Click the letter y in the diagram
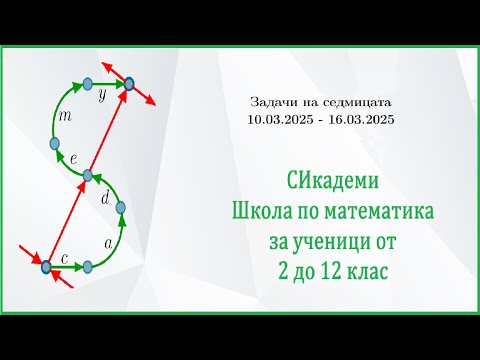tap(101, 98)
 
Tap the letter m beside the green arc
tap(66, 118)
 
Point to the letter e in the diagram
tap(73, 158)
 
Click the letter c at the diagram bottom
tap(64, 258)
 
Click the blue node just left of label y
tap(87, 83)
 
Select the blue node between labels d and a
tap(121, 210)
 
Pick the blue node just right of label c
tap(88, 266)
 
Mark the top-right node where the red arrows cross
tap(130, 85)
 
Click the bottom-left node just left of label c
tap(46, 266)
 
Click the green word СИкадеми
tap(322, 184)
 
